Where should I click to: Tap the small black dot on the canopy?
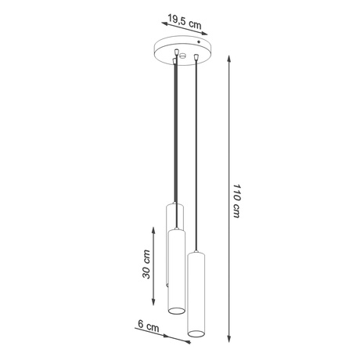tap(197, 42)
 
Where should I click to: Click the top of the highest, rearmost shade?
tap(174, 205)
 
